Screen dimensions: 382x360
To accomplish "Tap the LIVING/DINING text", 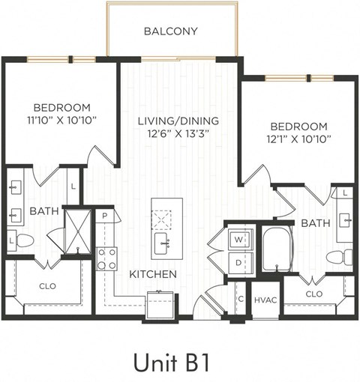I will point(178,121).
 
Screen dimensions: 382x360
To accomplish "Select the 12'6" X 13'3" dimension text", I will point(178,134).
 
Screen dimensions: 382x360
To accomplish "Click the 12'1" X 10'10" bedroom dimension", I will point(298,138).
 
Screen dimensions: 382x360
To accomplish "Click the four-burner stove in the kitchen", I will point(106,258).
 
